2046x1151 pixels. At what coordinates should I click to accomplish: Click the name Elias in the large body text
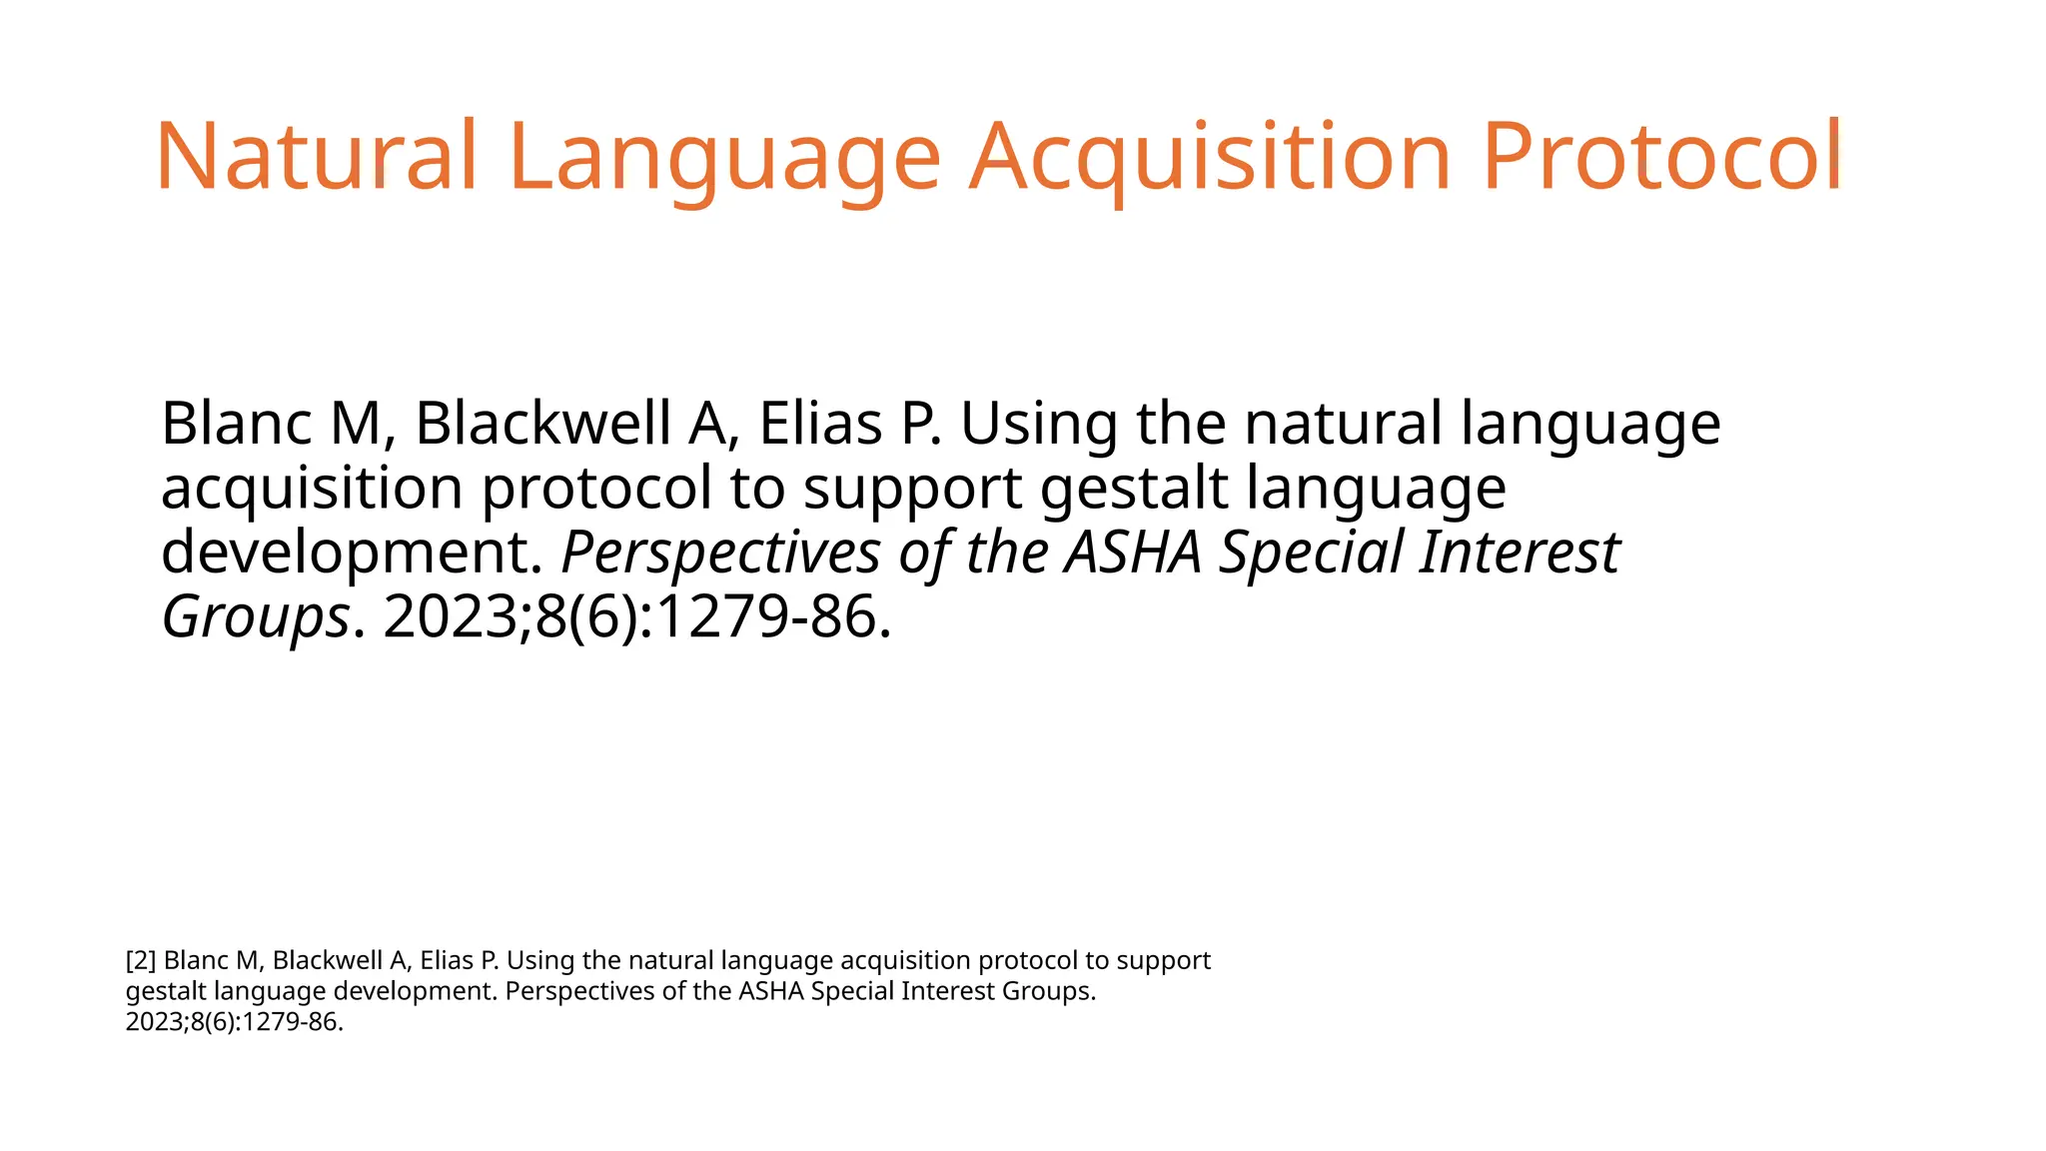820,423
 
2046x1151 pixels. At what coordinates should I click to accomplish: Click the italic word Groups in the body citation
256,616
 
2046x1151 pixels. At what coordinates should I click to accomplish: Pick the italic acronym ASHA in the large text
1132,553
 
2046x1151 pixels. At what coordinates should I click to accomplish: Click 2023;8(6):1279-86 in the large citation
635,616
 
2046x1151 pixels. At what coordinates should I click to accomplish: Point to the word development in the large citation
350,553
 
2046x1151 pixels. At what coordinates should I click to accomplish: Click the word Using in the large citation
1039,423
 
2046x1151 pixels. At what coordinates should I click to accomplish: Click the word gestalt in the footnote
166,991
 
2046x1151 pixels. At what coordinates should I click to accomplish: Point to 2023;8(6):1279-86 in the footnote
233,1022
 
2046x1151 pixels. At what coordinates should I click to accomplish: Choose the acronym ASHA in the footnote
771,991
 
